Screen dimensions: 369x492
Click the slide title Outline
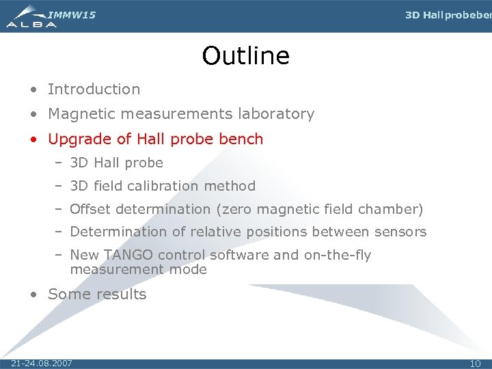[245, 56]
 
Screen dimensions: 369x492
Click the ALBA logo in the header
[31, 17]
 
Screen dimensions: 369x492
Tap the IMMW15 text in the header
[72, 14]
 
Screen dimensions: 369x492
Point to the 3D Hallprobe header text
[448, 15]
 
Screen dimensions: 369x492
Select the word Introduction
[94, 89]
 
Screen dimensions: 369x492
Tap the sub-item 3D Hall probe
[116, 163]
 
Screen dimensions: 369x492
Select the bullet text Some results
[97, 295]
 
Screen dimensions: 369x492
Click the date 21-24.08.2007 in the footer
[42, 363]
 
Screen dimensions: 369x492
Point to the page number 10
[475, 363]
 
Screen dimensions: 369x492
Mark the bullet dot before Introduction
[33, 90]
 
